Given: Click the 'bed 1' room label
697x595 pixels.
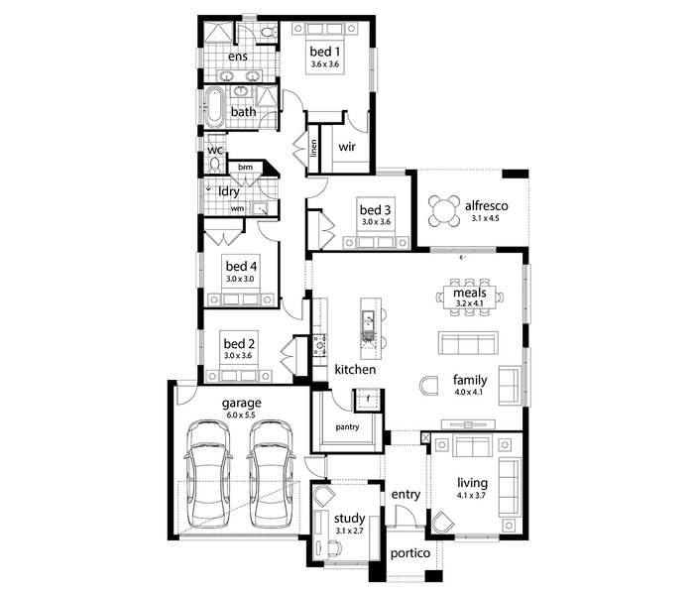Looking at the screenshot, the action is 324,52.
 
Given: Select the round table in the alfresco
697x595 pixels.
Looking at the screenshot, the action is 443,211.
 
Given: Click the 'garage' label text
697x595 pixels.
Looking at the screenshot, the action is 241,404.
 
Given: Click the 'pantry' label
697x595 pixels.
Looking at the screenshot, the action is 347,426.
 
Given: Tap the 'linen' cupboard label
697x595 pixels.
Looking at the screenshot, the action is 314,149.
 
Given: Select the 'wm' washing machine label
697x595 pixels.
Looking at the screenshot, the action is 237,208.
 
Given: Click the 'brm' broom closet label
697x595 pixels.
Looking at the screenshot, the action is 245,168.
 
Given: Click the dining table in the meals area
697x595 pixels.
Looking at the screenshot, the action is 470,297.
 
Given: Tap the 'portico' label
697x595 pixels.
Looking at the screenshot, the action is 410,553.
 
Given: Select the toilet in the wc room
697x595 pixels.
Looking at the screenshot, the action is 215,164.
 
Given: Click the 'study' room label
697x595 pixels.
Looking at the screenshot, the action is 349,519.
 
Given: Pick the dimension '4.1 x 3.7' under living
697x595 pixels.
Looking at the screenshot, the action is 472,495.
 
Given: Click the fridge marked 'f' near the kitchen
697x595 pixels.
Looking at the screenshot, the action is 367,399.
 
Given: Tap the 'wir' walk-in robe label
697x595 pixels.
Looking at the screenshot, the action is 347,147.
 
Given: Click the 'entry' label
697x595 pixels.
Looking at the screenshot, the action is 406,495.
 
